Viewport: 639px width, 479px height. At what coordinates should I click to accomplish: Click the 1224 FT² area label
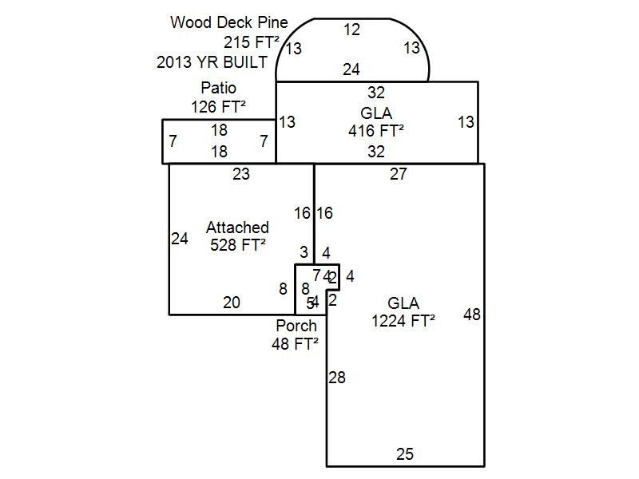point(403,321)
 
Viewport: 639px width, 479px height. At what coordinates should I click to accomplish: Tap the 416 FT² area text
point(376,130)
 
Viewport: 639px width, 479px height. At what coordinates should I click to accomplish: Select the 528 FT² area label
point(237,245)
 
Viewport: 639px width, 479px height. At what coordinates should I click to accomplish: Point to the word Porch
point(296,326)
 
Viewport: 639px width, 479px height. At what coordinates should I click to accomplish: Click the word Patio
point(218,88)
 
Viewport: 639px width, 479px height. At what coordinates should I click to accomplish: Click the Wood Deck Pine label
point(229,22)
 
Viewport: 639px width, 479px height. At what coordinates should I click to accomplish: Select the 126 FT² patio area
point(218,105)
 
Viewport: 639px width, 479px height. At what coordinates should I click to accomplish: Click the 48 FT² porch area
point(296,343)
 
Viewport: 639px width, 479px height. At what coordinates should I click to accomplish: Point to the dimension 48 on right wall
point(472,315)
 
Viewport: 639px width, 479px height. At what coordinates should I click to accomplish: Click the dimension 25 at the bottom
point(405,454)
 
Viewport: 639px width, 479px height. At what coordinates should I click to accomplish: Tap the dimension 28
point(337,378)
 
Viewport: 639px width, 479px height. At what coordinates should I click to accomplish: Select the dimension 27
point(399,174)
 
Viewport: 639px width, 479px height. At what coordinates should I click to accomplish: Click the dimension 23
point(241,174)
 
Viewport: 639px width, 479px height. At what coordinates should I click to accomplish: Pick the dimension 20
point(232,302)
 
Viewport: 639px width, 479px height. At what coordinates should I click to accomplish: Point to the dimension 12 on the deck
point(352,30)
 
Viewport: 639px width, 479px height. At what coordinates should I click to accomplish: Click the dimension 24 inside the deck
point(351,70)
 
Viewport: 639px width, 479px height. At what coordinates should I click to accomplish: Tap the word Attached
point(237,228)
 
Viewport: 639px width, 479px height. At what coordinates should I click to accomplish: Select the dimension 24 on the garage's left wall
point(180,238)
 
